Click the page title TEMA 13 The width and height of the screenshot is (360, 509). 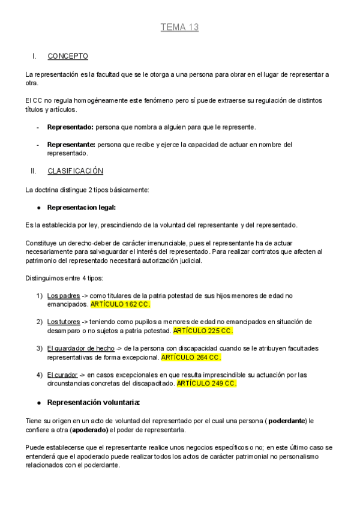[x=179, y=27]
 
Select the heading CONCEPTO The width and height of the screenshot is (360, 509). [x=68, y=56]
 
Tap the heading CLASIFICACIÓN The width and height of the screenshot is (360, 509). [x=75, y=171]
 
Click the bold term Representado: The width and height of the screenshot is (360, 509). [x=70, y=127]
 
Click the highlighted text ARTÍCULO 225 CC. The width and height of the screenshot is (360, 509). [x=203, y=331]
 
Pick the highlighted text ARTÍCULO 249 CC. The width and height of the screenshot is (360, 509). [x=207, y=384]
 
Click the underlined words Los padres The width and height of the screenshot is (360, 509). [x=64, y=295]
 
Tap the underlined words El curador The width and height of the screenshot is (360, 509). [x=62, y=375]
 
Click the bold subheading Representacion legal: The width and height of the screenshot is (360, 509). [x=81, y=207]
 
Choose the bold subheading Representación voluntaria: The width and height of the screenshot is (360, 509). [x=94, y=402]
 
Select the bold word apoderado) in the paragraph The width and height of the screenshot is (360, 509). [x=91, y=430]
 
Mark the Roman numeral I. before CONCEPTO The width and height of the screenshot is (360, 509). [x=34, y=56]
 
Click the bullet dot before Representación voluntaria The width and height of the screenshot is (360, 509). [x=38, y=402]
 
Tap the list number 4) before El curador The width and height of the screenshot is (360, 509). [x=39, y=375]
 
